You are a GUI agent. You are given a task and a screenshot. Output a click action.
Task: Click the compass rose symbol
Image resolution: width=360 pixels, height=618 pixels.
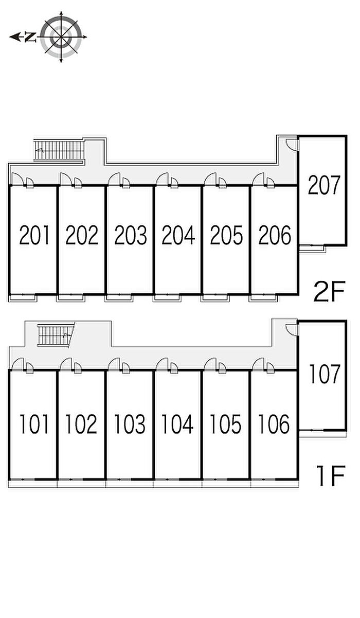61,37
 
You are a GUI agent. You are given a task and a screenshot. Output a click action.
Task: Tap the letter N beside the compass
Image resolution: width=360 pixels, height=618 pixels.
30,37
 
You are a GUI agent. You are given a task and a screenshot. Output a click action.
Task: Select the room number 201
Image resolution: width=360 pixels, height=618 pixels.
34,235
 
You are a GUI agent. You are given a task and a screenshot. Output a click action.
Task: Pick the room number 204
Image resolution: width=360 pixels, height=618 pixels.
178,235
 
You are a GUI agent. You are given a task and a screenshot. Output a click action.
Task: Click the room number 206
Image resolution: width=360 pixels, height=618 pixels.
275,235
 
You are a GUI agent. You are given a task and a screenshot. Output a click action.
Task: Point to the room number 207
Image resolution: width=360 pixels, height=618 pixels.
323,185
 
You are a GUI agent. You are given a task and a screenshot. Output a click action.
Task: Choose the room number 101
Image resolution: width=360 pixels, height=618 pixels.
34,424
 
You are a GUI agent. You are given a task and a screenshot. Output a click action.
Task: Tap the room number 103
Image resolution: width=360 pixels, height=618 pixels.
130,424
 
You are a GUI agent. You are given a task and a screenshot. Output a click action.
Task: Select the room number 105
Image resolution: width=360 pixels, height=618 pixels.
225,424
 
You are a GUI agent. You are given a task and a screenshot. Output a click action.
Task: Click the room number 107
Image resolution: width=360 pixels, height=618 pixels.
324,374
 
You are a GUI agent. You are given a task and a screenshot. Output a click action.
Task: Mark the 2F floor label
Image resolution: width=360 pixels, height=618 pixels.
329,291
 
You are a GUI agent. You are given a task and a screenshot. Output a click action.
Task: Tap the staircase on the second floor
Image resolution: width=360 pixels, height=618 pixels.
59,150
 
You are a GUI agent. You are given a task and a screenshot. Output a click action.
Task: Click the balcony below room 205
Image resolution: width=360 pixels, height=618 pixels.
215,298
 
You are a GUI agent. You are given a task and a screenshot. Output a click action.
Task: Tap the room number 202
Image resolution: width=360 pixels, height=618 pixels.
82,235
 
